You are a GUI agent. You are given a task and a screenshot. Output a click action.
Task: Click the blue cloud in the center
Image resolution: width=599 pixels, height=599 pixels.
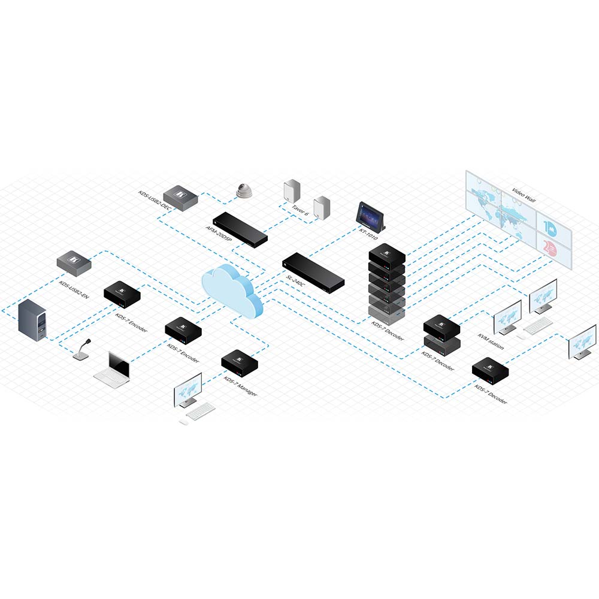pos(232,291)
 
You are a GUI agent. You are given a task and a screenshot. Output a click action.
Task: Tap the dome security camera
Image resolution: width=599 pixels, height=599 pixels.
pos(244,190)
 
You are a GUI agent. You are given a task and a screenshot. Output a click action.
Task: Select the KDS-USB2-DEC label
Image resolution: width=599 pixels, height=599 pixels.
pos(155,200)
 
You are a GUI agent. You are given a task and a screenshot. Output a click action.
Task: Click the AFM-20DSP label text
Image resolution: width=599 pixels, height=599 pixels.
pos(219,233)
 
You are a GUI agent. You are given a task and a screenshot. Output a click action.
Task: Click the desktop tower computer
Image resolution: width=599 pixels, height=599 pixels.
pos(32,320)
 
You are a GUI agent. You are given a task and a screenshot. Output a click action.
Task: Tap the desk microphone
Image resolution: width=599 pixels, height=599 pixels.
pos(82,350)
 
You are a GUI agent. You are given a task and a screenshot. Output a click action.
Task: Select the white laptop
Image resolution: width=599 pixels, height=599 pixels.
pos(113,370)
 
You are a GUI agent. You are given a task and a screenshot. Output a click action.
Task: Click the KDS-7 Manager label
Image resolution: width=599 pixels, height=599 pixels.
pos(240,386)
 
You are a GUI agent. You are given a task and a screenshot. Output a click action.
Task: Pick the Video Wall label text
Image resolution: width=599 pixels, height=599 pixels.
pos(524,195)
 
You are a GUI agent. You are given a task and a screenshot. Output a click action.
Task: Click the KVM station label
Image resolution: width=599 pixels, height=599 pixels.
pos(491,341)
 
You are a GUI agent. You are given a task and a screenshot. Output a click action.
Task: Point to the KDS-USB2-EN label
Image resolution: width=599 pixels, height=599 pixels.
pos(74,290)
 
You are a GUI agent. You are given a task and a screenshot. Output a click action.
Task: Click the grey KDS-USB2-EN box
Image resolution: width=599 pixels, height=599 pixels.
pos(74,264)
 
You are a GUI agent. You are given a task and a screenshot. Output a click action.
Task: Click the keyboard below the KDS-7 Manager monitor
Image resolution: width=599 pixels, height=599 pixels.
pos(200,412)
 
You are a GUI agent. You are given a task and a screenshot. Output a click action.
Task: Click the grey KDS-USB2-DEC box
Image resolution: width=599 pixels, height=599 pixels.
pos(181,198)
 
